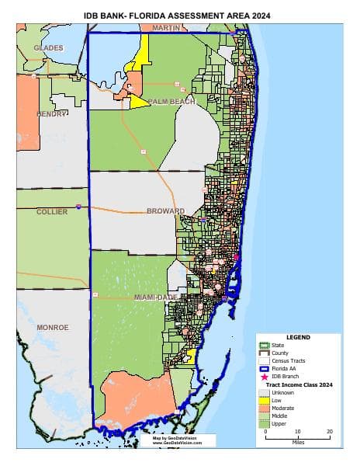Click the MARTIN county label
[x=166, y=27]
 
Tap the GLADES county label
[x=48, y=48]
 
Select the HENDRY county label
[x=52, y=113]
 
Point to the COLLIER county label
[x=52, y=211]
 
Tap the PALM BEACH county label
[x=171, y=102]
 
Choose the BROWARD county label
[x=167, y=211]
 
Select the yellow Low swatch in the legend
[x=265, y=399]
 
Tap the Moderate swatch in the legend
[x=265, y=407]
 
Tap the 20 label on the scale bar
[x=330, y=431]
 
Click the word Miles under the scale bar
[x=298, y=447]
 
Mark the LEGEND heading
[x=298, y=338]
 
